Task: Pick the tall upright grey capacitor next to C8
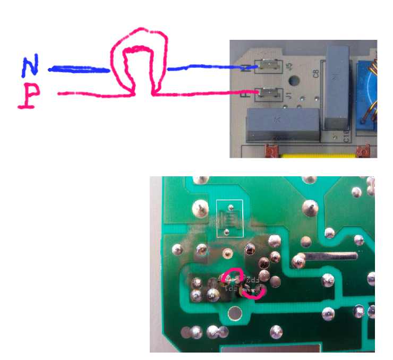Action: (x=338, y=85)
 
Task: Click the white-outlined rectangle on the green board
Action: (x=229, y=218)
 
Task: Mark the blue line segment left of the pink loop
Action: (x=80, y=69)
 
